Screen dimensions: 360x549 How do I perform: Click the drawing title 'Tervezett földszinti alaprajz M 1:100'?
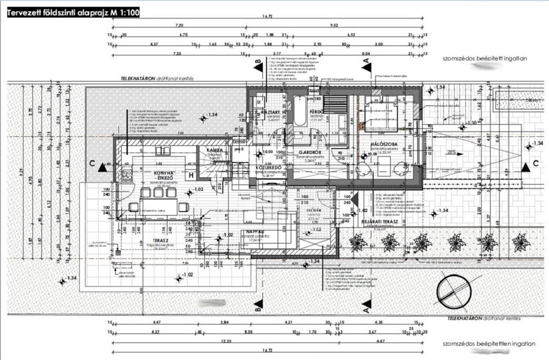(73, 13)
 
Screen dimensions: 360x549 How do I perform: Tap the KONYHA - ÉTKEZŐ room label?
(162, 176)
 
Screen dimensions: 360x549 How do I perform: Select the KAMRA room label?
(214, 150)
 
